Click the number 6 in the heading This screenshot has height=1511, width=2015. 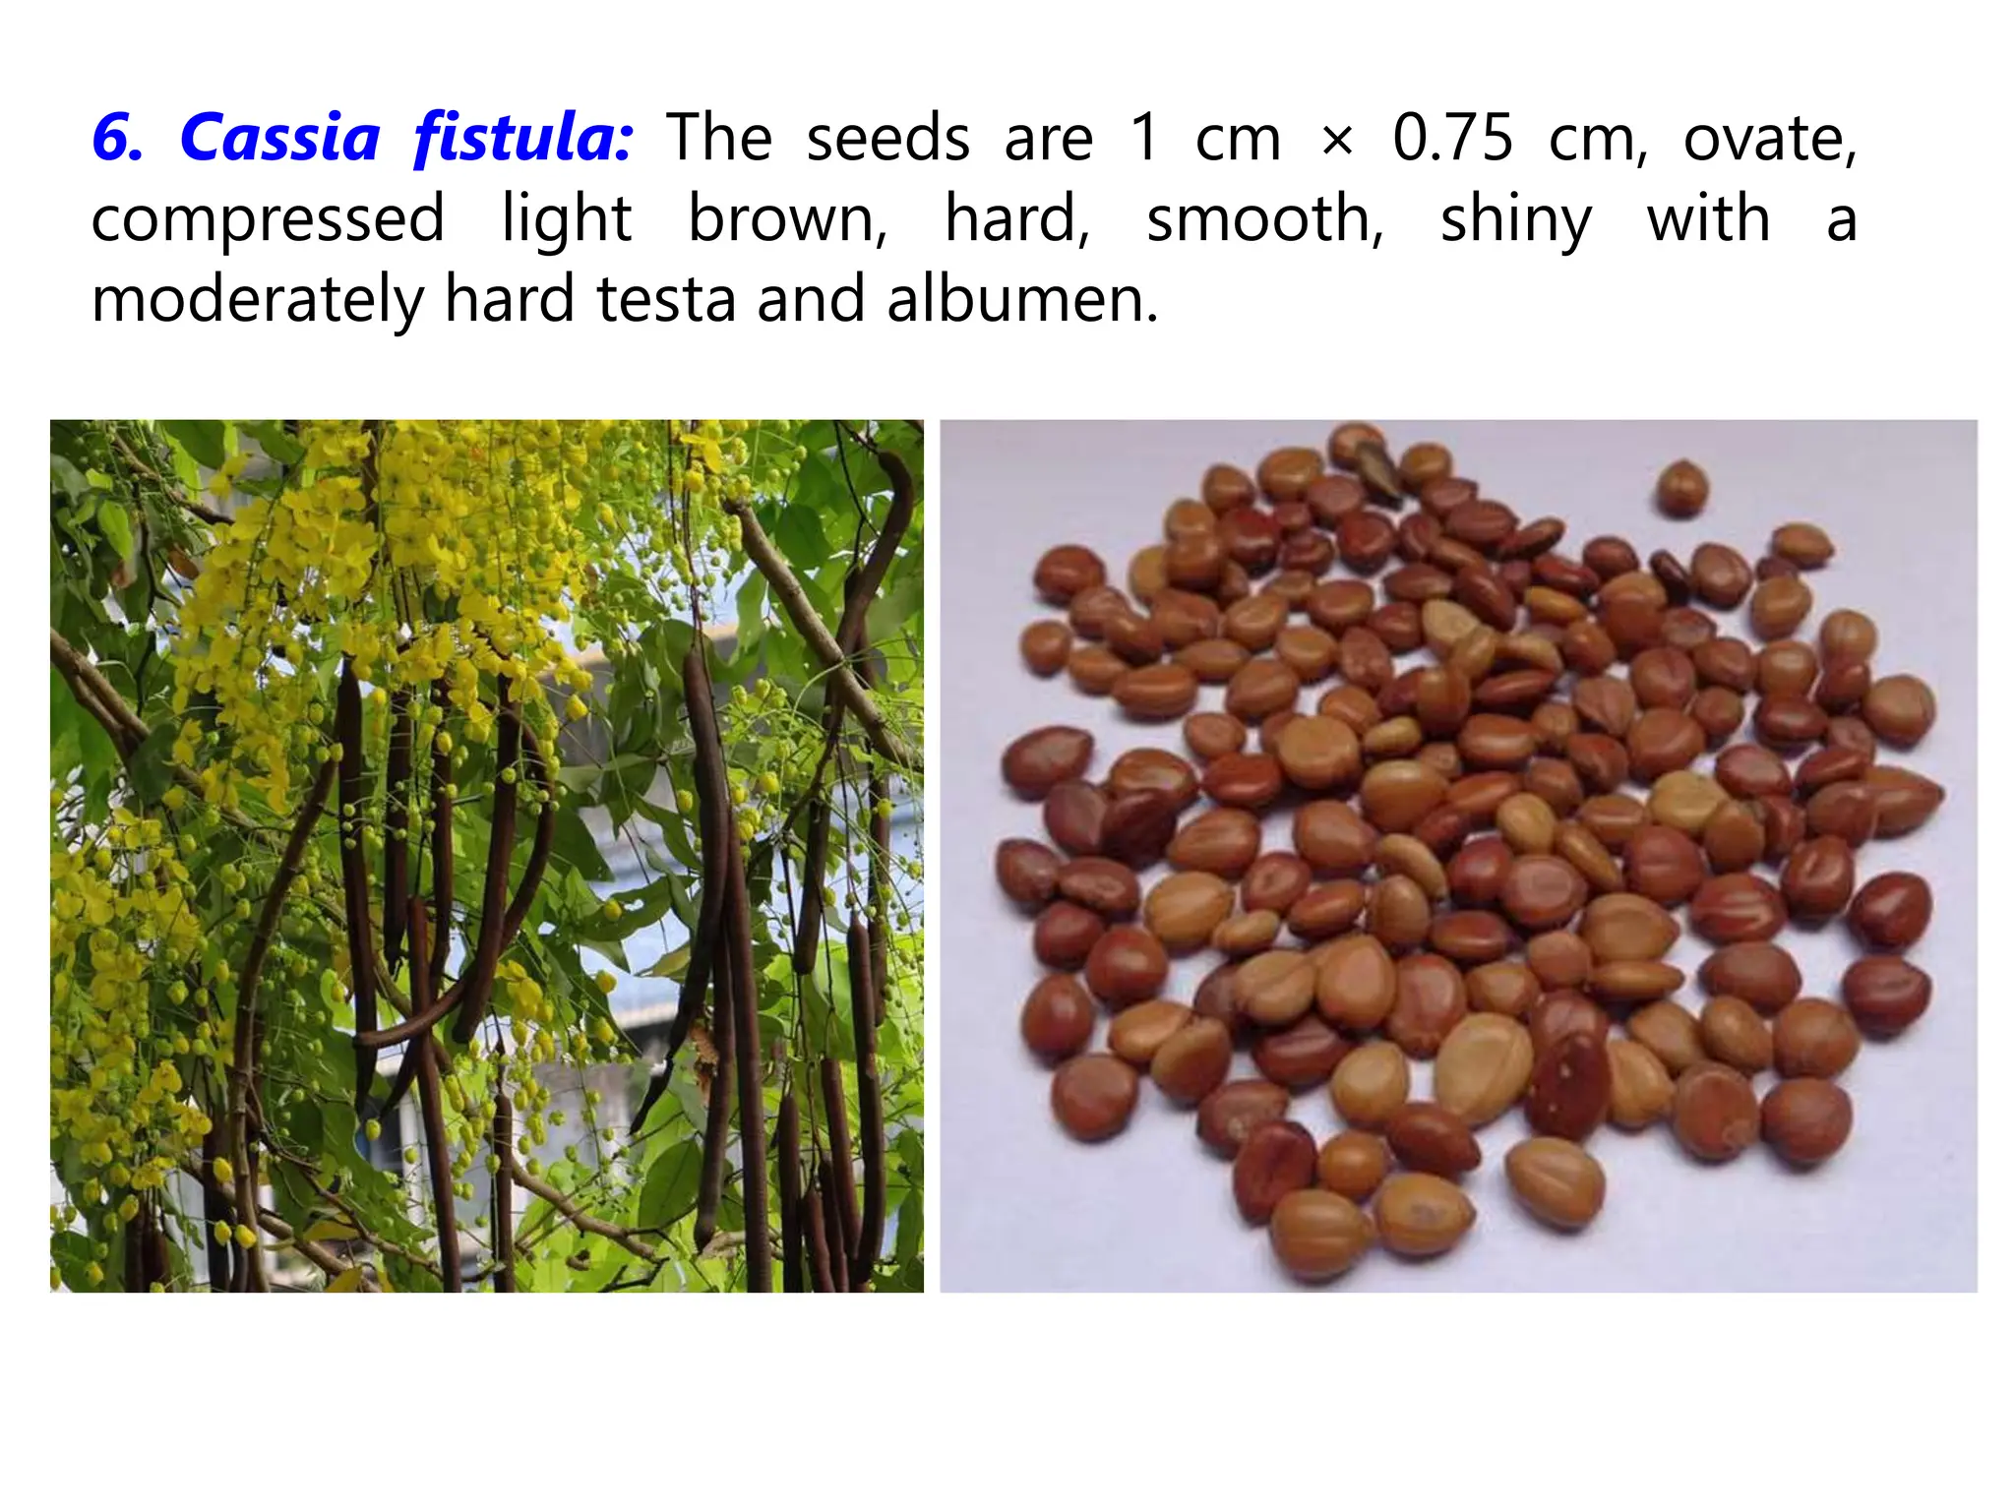coord(115,138)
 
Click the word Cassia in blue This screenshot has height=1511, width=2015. coord(280,138)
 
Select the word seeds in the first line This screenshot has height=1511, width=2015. coord(887,138)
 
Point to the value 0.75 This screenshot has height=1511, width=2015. coord(1452,138)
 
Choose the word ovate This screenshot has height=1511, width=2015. coord(1769,138)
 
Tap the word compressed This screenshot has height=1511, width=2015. coord(268,220)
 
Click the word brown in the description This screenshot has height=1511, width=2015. coord(787,218)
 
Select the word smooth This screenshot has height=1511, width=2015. coord(1265,218)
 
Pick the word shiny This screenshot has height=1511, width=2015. coord(1515,220)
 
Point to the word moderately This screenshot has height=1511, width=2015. coord(257,301)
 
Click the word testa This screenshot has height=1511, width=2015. coord(666,301)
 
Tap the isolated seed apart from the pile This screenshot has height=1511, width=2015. coord(1681,488)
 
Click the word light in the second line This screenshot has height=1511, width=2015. coord(566,220)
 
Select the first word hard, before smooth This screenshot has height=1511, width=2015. coord(1017,218)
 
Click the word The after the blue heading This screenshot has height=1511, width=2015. coord(719,138)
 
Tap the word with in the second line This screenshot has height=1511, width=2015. coord(1708,218)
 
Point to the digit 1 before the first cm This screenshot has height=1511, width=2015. coord(1143,138)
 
